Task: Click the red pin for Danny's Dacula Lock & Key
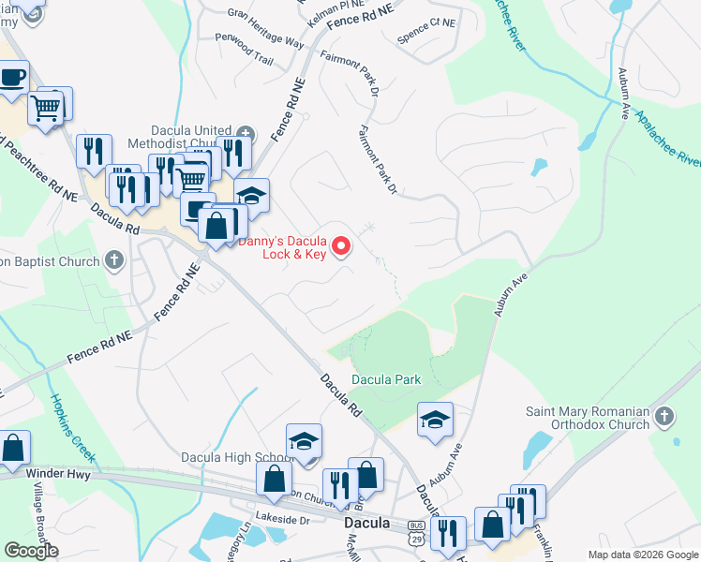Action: [x=343, y=246]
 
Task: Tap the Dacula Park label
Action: [x=386, y=379]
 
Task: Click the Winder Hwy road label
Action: [x=34, y=474]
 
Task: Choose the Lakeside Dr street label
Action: [x=282, y=519]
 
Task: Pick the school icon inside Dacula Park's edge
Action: [x=435, y=419]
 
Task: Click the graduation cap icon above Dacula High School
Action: [x=304, y=440]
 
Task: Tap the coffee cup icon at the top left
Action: [x=12, y=77]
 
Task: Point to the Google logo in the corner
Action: [x=31, y=551]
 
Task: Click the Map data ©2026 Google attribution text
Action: [x=643, y=555]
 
